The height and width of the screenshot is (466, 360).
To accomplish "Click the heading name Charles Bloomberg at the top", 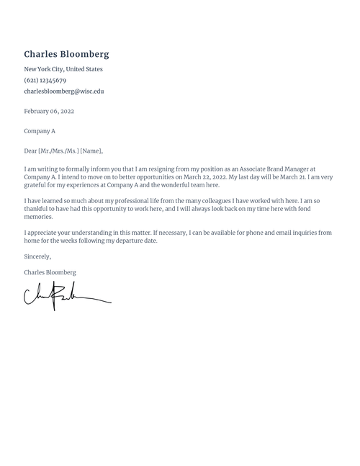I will (x=66, y=54).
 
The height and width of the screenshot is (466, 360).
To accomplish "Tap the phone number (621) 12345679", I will (x=45, y=81).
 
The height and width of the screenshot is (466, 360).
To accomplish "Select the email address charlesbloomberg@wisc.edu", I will (x=64, y=91).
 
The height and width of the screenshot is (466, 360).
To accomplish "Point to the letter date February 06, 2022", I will (x=49, y=112).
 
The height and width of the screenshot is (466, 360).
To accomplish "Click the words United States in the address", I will (x=84, y=69).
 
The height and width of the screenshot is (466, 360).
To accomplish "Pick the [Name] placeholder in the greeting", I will (x=91, y=151).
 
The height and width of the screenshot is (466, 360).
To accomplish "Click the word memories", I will (x=39, y=217).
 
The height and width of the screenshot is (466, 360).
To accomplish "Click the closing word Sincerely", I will (x=37, y=256).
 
